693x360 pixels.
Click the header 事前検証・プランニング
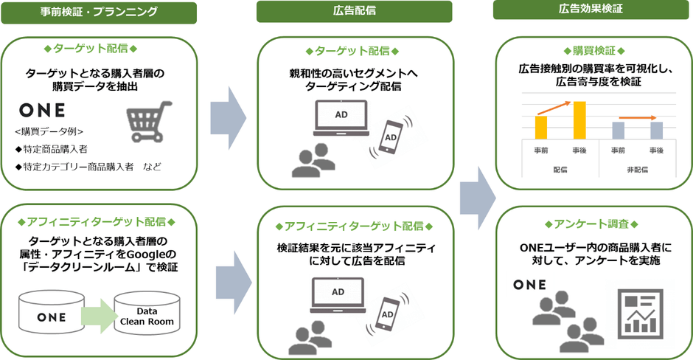tap(99, 12)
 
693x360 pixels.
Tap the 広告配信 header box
tap(354, 12)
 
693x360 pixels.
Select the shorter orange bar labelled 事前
tap(541, 128)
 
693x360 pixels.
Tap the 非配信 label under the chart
tap(636, 170)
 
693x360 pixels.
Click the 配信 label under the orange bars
tap(560, 170)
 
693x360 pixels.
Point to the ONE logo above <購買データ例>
tap(41, 111)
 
